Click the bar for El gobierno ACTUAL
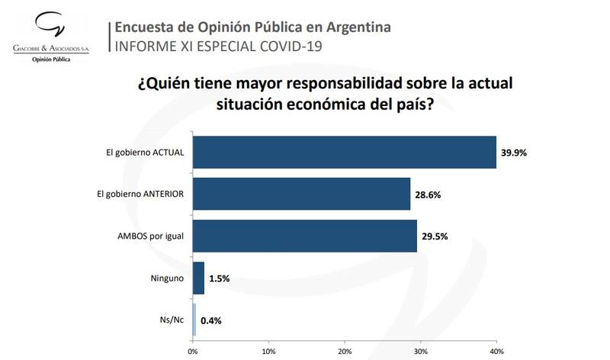coord(344,153)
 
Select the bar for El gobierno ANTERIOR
coord(301,194)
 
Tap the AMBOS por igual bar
coord(304,236)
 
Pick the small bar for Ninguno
coord(198,278)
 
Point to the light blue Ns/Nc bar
coord(194,320)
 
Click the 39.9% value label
coord(514,153)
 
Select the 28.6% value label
coord(428,194)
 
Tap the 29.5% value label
coord(435,236)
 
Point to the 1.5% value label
coord(220,278)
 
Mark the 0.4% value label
coord(211,320)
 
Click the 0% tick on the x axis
coord(192,352)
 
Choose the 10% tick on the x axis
coord(268,352)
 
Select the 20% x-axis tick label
coord(344,352)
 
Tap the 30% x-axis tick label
coord(420,352)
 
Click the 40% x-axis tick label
coord(496,352)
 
